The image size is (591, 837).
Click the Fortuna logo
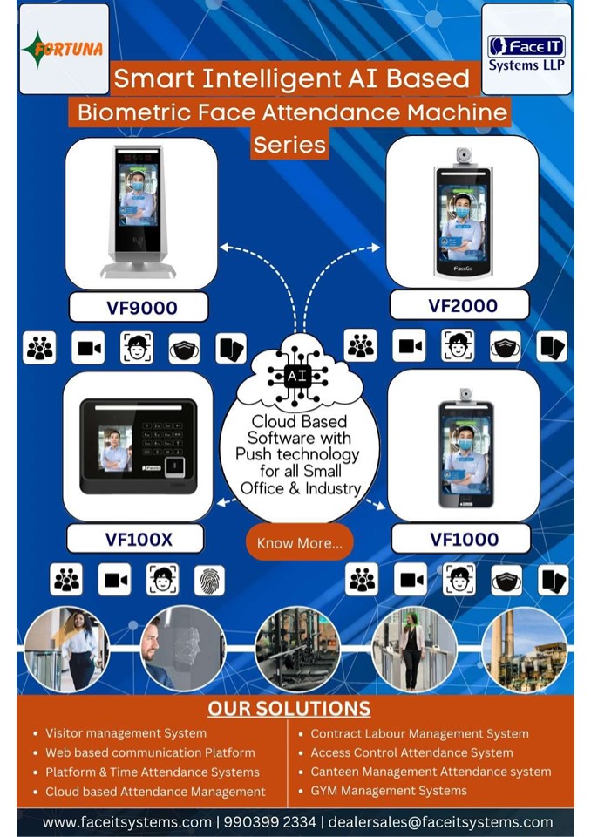tap(63, 49)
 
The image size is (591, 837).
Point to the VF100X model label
tap(139, 539)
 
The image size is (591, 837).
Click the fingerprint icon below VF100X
tap(209, 580)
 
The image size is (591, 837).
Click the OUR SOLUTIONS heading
tap(289, 708)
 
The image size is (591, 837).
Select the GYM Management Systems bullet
tap(388, 791)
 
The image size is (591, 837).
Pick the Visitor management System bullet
tap(126, 733)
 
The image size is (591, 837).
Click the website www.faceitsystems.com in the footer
tap(126, 822)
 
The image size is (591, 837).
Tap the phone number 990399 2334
tap(269, 822)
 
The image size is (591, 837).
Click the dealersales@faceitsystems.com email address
tap(440, 822)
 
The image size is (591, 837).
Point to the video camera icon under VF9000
tap(88, 348)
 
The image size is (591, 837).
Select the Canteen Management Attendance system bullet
tap(431, 772)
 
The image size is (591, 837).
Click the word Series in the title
tap(290, 144)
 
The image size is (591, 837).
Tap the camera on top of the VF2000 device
tap(464, 155)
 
